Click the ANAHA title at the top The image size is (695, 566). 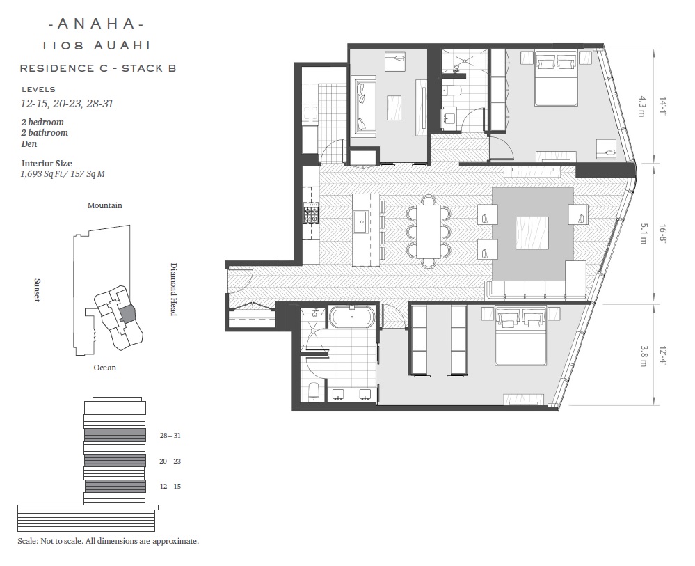click(x=96, y=24)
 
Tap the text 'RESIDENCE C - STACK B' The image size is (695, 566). click(x=98, y=68)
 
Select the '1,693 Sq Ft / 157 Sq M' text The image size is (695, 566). click(x=63, y=174)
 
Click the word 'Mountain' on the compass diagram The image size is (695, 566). click(x=104, y=205)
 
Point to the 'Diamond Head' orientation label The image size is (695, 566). click(x=174, y=289)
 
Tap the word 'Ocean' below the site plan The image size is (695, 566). click(x=104, y=368)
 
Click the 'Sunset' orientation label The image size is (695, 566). click(x=37, y=290)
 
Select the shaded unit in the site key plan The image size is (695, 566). click(x=127, y=313)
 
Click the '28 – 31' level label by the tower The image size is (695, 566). click(x=170, y=436)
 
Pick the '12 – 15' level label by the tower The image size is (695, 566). click(x=170, y=486)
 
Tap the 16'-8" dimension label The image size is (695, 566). click(x=662, y=234)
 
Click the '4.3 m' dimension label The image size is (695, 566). click(x=642, y=107)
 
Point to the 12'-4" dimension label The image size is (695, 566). click(x=662, y=356)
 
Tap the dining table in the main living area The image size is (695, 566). click(x=428, y=231)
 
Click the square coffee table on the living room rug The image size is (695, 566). click(x=532, y=233)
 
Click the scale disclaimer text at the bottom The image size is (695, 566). click(x=108, y=541)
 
